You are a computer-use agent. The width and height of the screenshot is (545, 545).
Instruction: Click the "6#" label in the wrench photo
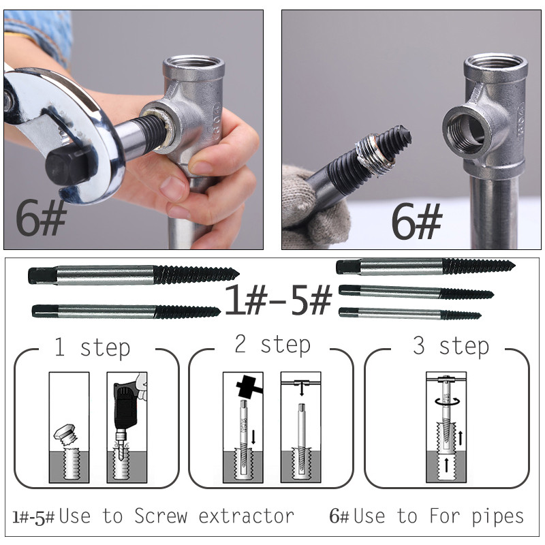41,217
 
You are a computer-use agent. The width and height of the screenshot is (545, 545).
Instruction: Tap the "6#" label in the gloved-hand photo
416,221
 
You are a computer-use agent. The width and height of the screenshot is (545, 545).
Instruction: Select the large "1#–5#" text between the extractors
279,299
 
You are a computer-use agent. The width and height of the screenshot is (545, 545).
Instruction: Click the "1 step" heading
93,348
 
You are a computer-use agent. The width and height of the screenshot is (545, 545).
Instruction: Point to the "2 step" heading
272,345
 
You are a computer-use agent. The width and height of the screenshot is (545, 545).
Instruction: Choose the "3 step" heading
451,346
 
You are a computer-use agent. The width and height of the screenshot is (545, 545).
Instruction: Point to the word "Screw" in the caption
161,516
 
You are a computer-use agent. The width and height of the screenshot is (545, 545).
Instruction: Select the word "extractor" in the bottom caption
247,516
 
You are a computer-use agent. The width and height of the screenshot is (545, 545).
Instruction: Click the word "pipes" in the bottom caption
498,518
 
